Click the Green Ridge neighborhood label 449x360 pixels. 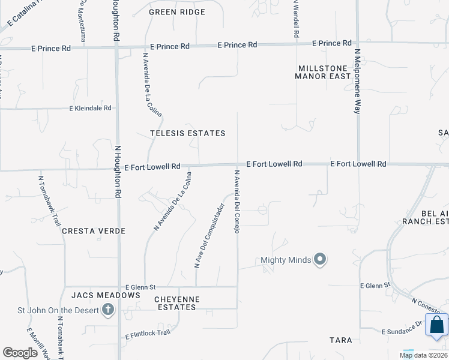(x=176, y=12)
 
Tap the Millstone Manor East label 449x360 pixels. (x=322, y=72)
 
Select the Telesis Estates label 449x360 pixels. (x=188, y=133)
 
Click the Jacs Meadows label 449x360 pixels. (x=105, y=295)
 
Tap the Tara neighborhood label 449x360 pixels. (x=341, y=340)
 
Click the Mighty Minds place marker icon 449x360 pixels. (x=321, y=260)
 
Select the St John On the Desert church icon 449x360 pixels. (x=108, y=310)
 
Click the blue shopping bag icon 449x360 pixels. (x=436, y=325)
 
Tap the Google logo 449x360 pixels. (x=20, y=353)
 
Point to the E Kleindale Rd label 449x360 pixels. (x=91, y=109)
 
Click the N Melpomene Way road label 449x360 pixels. (x=357, y=82)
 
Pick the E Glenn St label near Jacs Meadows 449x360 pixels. (x=140, y=287)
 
